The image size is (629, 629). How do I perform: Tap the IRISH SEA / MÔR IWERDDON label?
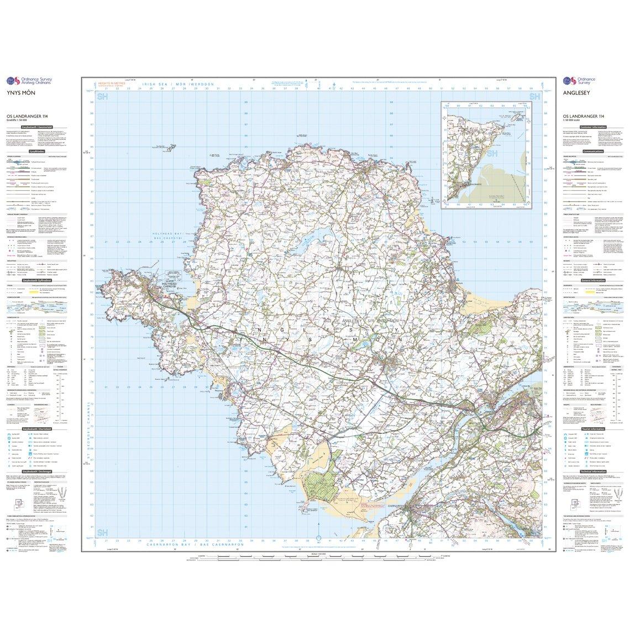(x=177, y=83)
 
